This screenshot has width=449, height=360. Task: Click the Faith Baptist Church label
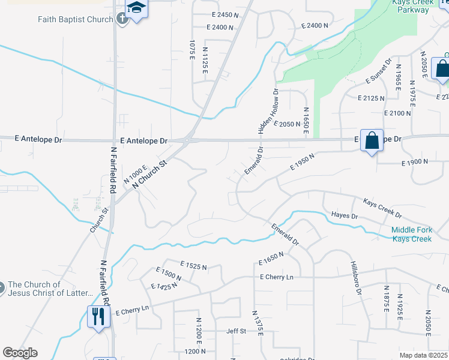point(76,19)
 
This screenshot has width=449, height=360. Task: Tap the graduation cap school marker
point(137,9)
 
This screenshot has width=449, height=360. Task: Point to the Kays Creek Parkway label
point(412,7)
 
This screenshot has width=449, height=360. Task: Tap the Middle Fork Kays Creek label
point(411,234)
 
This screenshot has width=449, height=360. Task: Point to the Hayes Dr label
point(344,215)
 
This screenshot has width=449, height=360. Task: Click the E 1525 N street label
point(193,265)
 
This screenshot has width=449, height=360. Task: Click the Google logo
point(20,353)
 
